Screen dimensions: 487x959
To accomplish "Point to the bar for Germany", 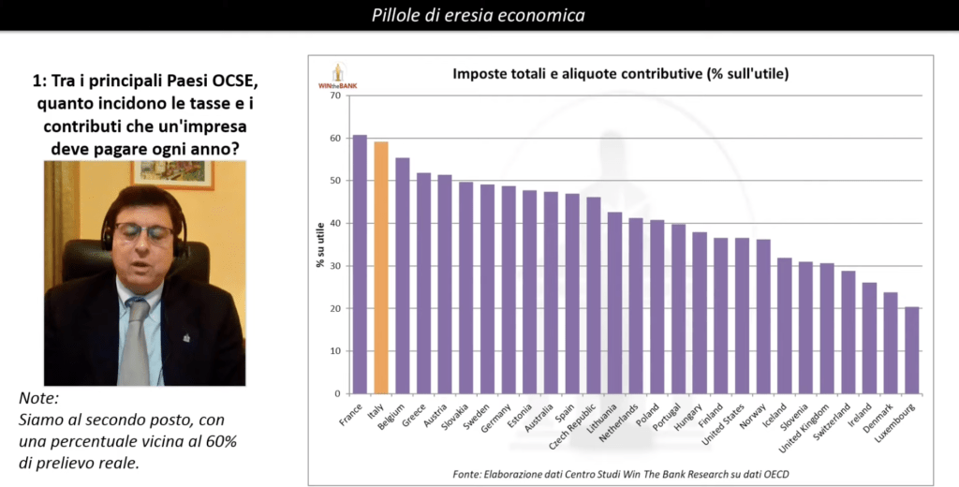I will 509,289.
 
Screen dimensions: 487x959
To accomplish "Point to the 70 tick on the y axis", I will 336,95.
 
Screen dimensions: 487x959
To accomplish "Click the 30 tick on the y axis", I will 336,266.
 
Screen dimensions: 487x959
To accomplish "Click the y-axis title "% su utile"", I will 321,244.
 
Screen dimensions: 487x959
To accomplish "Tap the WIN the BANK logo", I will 338,77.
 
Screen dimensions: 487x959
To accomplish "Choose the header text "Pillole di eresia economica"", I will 479,15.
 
